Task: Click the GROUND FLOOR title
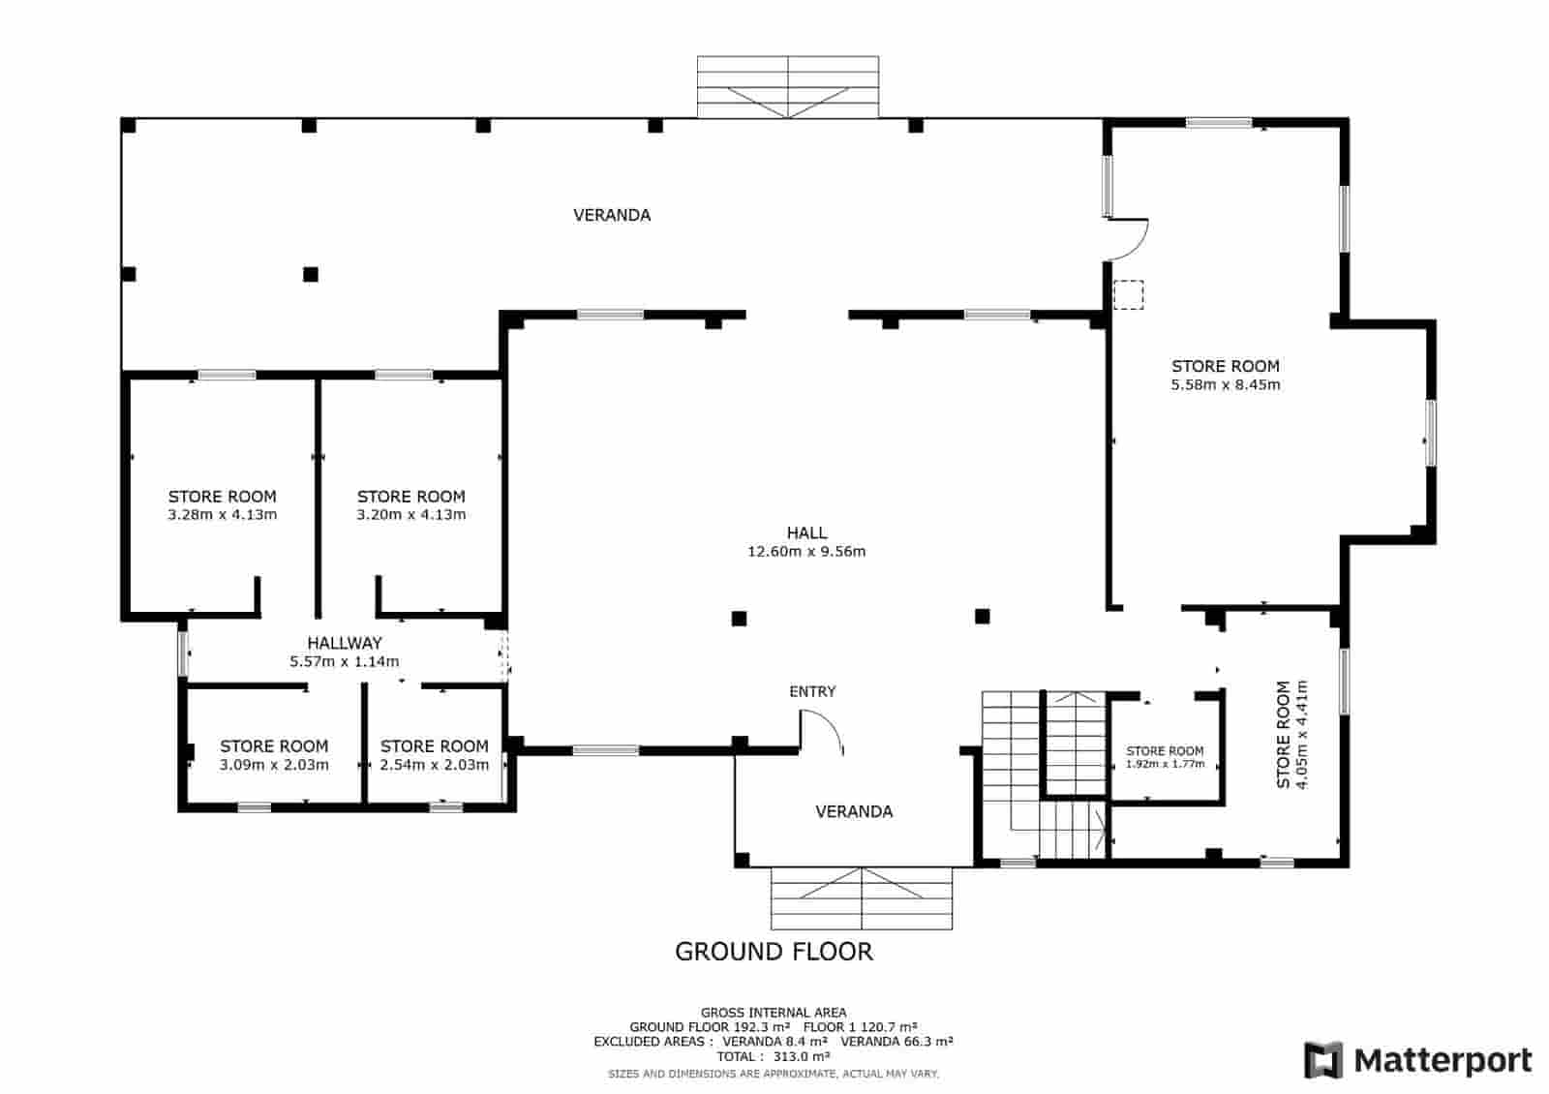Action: [774, 952]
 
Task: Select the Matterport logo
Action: [1417, 1060]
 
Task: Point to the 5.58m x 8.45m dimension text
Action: [1226, 384]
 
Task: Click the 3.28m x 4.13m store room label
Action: [222, 505]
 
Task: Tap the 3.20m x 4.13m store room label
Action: [410, 505]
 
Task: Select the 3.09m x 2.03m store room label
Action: [274, 755]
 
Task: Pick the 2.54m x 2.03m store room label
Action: [435, 755]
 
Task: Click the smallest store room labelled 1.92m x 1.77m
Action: [1166, 757]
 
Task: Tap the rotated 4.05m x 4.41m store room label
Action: [1292, 735]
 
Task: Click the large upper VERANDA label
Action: [612, 215]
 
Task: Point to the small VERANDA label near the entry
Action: [854, 812]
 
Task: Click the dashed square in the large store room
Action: [1128, 294]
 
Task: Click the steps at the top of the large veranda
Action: [788, 87]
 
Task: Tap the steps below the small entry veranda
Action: [862, 898]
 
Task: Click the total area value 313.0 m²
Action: [802, 1056]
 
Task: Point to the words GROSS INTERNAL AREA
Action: [774, 1013]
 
